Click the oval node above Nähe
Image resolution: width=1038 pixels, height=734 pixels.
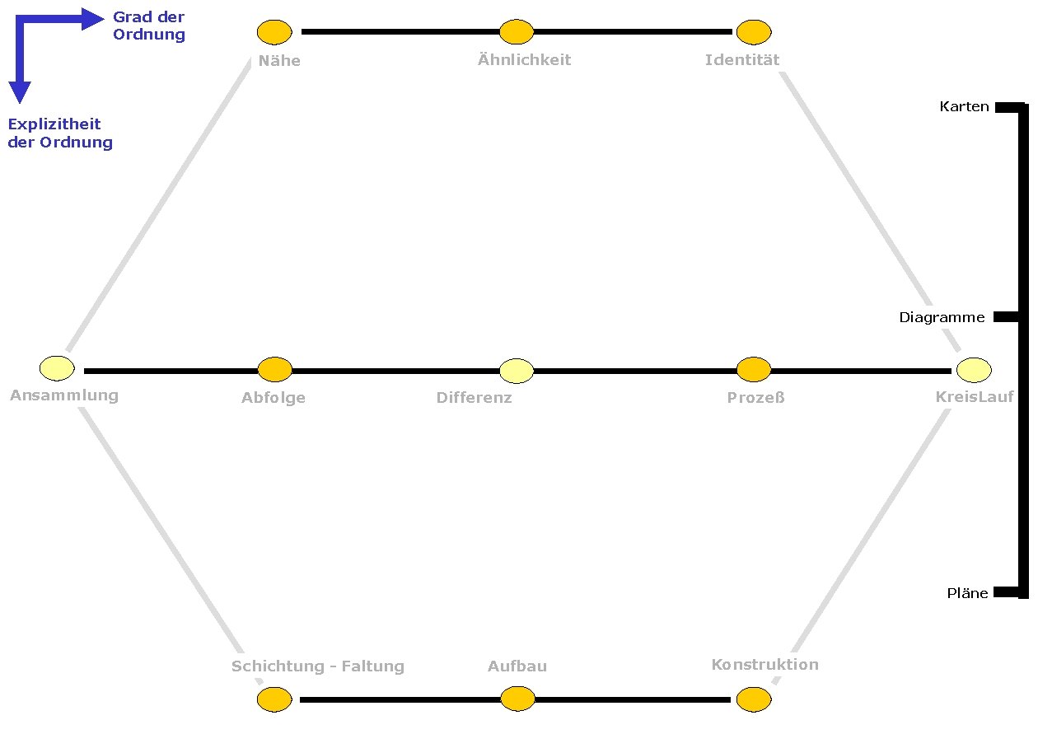tap(274, 32)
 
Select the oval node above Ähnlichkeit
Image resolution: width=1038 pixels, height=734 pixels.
tap(517, 32)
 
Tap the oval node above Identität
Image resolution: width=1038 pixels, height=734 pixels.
tap(753, 32)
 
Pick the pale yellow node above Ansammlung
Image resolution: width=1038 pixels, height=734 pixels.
tap(57, 367)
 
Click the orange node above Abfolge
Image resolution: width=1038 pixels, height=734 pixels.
tap(275, 370)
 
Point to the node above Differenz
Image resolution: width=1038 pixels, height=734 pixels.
tap(517, 371)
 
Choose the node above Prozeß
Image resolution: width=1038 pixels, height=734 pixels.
tap(753, 370)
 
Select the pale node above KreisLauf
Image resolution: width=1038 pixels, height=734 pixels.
tap(974, 370)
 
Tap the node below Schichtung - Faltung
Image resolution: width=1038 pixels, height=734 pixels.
tap(274, 699)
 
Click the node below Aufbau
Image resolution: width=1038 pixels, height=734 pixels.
tap(517, 699)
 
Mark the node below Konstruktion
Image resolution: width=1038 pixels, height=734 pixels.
tap(753, 699)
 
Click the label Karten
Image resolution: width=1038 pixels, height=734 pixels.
tap(964, 107)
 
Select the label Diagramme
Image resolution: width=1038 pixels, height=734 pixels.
tap(942, 317)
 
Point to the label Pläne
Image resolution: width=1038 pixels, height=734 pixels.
tap(967, 593)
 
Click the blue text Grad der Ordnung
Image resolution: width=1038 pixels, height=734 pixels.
tap(148, 26)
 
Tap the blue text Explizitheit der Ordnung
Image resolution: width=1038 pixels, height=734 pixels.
tap(59, 133)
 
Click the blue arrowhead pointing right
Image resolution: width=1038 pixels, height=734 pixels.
tap(92, 19)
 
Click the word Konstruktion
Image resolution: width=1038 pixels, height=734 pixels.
tap(764, 665)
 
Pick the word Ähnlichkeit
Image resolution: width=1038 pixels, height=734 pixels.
tap(524, 60)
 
